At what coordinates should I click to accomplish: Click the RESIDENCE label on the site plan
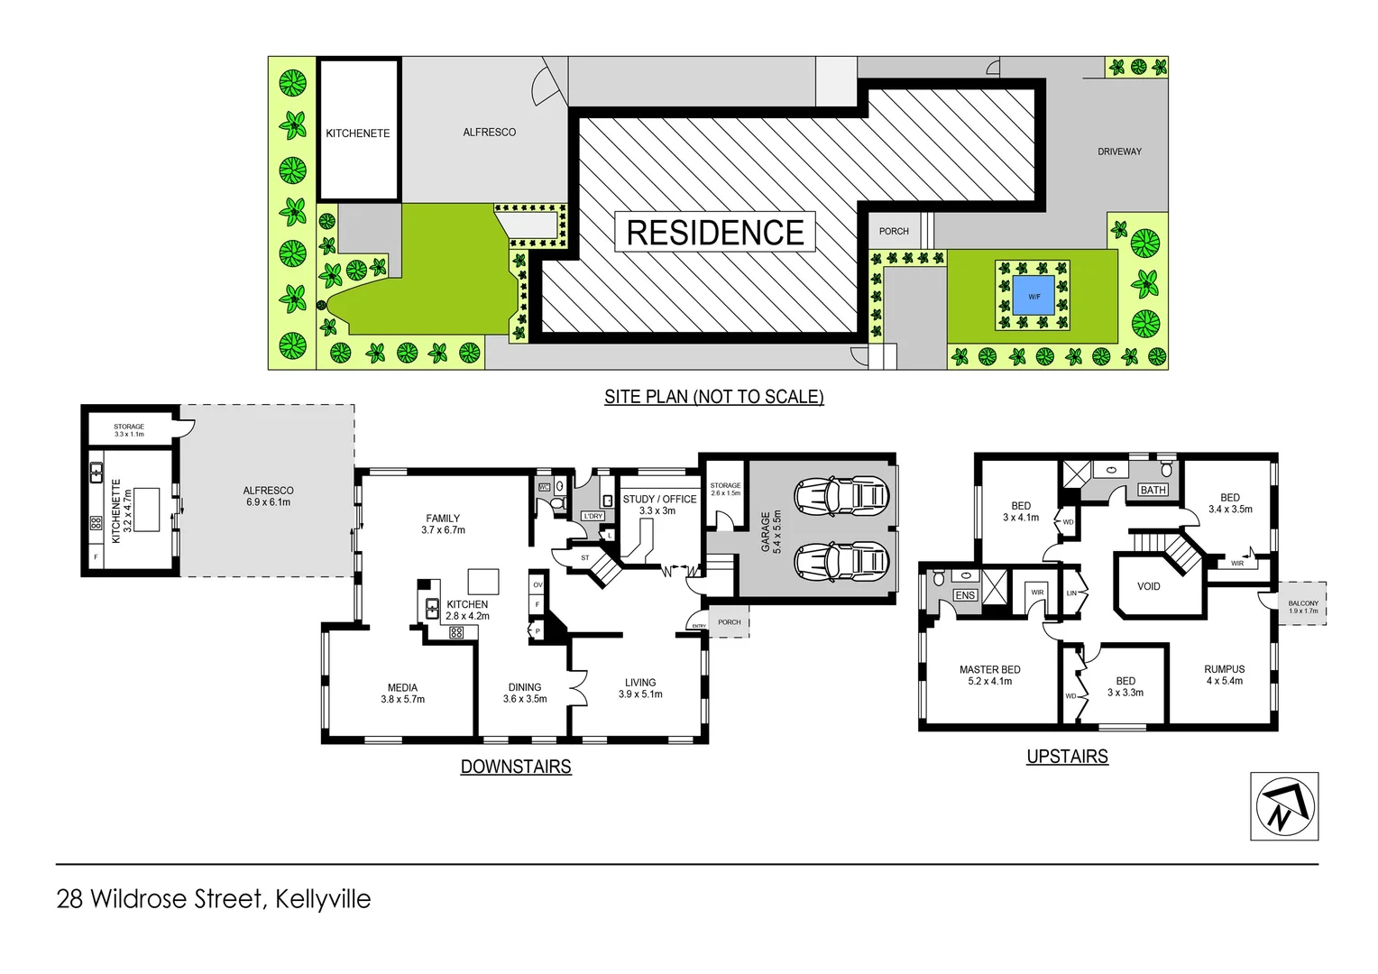point(715,233)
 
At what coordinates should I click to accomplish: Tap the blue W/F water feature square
point(1033,296)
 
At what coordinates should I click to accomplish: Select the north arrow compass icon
point(1284,806)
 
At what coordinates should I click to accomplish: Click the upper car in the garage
point(841,495)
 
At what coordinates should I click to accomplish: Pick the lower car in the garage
point(841,561)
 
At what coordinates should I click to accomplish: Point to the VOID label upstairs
point(1148,586)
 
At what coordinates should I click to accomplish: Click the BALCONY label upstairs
point(1303,604)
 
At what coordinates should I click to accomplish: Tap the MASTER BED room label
point(989,670)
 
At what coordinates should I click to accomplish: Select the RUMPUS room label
point(1224,669)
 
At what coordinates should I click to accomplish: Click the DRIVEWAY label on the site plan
point(1119,152)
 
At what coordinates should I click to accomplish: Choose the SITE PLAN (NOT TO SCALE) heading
point(713,397)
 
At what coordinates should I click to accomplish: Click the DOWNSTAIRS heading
point(516,767)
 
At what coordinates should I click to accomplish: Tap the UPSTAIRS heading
point(1067,757)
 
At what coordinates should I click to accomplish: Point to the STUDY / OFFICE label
point(659,499)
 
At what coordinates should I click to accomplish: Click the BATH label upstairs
point(1153,490)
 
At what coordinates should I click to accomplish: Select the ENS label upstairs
point(965,595)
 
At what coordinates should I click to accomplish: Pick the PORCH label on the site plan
point(894,231)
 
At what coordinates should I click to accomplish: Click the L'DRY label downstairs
point(593,516)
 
